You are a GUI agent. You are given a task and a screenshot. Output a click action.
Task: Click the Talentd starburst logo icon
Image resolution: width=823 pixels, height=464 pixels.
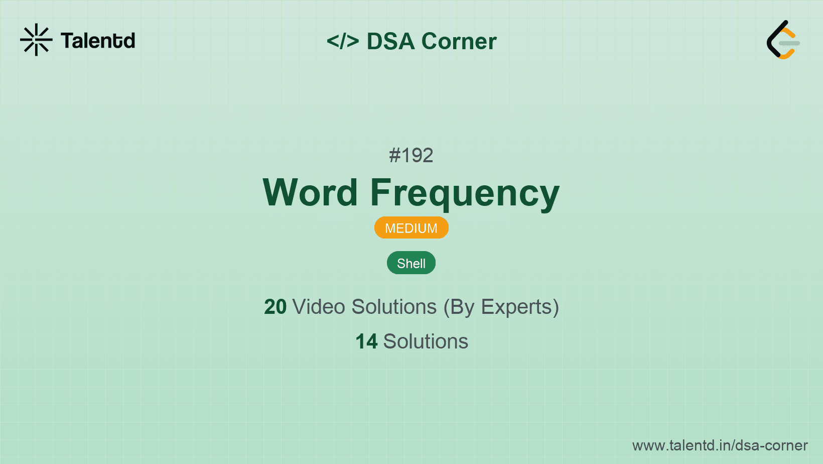coord(36,40)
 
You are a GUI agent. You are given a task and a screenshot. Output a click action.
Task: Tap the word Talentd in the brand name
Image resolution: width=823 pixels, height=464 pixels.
coord(98,41)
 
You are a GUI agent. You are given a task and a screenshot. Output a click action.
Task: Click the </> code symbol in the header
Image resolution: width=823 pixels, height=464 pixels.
coord(343,41)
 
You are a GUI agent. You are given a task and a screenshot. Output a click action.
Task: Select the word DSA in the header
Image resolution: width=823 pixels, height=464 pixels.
coord(390,41)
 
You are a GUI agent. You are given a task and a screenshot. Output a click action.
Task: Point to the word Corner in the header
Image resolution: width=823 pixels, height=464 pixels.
coord(459,41)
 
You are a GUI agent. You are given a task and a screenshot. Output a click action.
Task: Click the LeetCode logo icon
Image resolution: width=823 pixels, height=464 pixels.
coord(783,40)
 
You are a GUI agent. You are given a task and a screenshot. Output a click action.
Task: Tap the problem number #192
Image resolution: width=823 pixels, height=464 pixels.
coord(411,155)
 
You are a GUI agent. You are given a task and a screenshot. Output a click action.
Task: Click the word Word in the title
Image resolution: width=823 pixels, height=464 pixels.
coord(310,192)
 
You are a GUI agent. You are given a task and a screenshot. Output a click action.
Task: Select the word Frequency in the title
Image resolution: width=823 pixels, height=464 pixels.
coord(465,193)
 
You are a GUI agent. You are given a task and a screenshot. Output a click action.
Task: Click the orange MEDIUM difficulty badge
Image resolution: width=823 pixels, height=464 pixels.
coord(411,228)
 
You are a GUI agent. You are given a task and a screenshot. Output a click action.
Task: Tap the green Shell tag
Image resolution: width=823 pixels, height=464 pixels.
coord(411,263)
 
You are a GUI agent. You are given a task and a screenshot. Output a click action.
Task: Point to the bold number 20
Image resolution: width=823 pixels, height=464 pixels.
coord(275,307)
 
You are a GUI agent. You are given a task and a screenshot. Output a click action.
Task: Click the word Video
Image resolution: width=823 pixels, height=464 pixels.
coord(318,307)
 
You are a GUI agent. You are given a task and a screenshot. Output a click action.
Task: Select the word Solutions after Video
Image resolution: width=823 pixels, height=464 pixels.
coord(394,307)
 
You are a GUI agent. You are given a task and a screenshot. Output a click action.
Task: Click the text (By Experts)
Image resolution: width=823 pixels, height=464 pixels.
coord(501,307)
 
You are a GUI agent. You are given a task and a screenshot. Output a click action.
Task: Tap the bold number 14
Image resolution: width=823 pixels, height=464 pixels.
coord(366,341)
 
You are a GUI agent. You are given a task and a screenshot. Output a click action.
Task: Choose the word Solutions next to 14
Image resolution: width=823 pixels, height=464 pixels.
coord(426,341)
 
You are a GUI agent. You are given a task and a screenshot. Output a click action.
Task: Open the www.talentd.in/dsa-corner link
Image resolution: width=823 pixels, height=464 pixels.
coord(720,445)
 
